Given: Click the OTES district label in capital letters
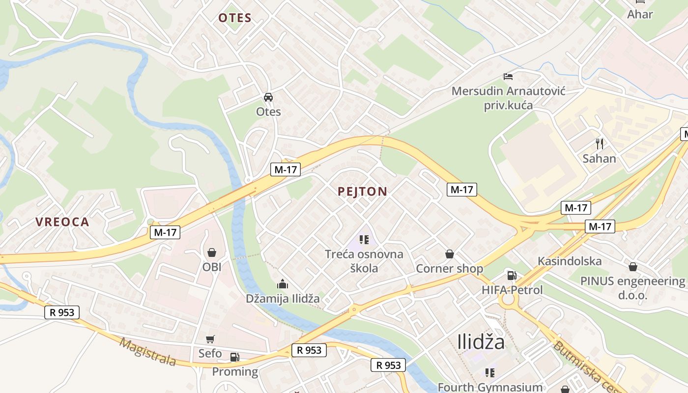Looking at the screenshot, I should (x=235, y=18).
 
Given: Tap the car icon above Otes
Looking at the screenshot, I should (x=268, y=97).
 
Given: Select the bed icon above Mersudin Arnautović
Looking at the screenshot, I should (x=508, y=76).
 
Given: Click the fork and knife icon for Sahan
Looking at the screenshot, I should (x=599, y=143).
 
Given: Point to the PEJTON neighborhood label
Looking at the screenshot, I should (x=363, y=192).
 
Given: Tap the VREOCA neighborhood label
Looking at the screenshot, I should (x=62, y=222).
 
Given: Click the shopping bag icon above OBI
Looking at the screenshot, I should (x=212, y=253).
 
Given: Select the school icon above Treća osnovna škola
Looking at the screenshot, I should (x=364, y=240).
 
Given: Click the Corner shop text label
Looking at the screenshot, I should (x=449, y=269).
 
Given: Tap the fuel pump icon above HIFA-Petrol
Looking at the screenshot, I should (x=512, y=276).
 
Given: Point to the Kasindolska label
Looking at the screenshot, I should (x=570, y=261).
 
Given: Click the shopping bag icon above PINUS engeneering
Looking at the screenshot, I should (x=633, y=267).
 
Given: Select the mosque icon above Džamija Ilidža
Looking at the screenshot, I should (x=283, y=284).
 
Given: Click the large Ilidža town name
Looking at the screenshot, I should (x=481, y=342).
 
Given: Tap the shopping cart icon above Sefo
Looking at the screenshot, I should (x=210, y=339).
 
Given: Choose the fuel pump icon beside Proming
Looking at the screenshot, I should (x=235, y=357).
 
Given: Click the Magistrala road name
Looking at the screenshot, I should (x=147, y=352).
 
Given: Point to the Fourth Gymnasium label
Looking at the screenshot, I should (x=490, y=387).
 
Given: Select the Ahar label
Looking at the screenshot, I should (x=640, y=14).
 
